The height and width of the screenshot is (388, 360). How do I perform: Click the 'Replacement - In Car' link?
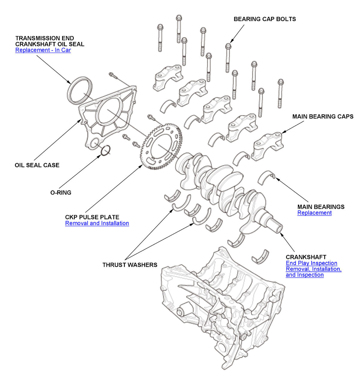pos(43,50)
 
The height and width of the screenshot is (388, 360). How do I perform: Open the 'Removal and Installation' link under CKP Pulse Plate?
pos(97,223)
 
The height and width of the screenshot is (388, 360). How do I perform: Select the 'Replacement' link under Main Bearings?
pos(314,213)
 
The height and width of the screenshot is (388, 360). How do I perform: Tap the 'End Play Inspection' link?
pos(311,263)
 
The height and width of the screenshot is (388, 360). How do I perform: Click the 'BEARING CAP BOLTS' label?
pos(265,19)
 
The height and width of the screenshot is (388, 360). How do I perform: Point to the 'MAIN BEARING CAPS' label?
pos(323,117)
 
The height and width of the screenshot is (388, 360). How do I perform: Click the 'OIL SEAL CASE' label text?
pos(37,165)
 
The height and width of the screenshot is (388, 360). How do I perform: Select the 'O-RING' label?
pos(61,193)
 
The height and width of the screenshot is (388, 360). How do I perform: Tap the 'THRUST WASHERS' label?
pos(130,265)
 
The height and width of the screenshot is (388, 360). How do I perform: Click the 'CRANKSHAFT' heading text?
pos(306,257)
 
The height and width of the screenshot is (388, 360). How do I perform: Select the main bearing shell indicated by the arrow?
pos(267,177)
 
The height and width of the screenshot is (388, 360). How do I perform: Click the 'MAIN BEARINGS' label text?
pos(321,207)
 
